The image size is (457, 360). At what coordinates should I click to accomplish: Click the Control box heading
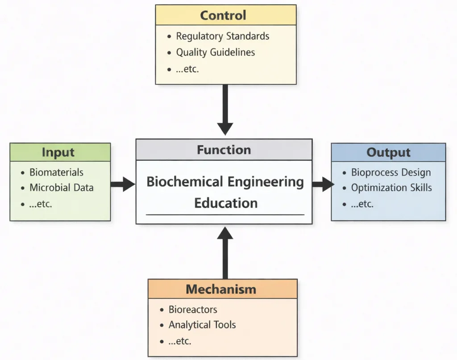pos(223,15)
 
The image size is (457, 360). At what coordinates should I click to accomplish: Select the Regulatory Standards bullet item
pos(222,36)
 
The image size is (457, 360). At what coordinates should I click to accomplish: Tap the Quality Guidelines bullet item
pos(215,52)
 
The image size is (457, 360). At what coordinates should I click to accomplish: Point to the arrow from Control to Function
pos(225,109)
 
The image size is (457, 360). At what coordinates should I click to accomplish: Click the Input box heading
pos(58,152)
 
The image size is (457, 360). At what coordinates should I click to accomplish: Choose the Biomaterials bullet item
pos(56,172)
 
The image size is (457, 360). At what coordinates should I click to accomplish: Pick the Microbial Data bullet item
pos(62,188)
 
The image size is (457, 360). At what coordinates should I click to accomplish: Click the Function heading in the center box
pos(224,150)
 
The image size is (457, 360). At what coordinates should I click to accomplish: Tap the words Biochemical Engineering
pos(225,182)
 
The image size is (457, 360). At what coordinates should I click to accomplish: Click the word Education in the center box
pos(225,203)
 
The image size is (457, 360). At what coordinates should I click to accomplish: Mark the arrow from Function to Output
pos(323,184)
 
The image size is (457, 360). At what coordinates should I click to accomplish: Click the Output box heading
pos(388,152)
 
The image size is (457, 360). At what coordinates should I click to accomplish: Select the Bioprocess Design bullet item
pos(391,172)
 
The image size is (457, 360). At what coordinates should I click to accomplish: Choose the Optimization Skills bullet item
pos(391,188)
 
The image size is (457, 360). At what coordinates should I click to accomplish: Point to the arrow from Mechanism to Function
pos(225,252)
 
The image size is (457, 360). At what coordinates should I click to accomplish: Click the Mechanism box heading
pos(221,289)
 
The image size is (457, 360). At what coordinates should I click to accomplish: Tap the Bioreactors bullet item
pos(193,310)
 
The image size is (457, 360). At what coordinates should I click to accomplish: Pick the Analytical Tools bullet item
pos(202,325)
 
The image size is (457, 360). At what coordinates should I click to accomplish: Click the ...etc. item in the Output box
pos(362,204)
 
